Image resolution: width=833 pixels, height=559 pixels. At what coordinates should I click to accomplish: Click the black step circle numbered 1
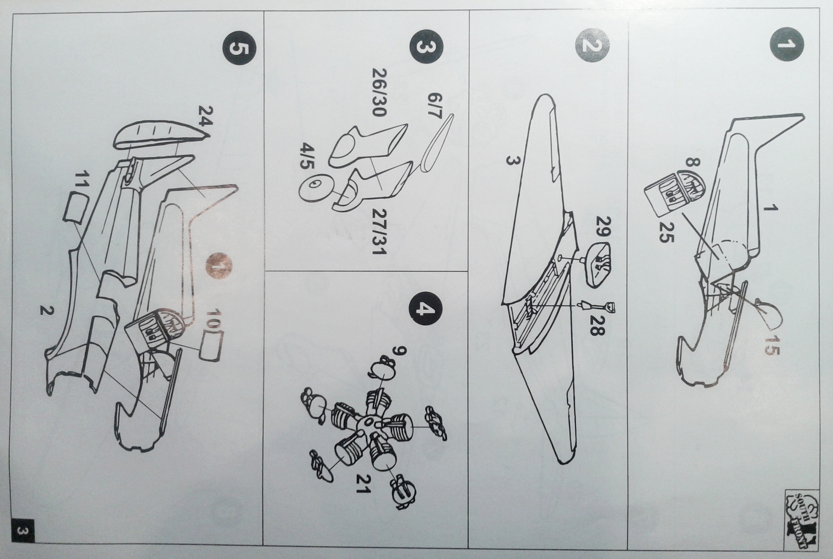pyautogui.click(x=786, y=45)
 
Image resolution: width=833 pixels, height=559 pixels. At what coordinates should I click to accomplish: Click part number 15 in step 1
pyautogui.click(x=773, y=344)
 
